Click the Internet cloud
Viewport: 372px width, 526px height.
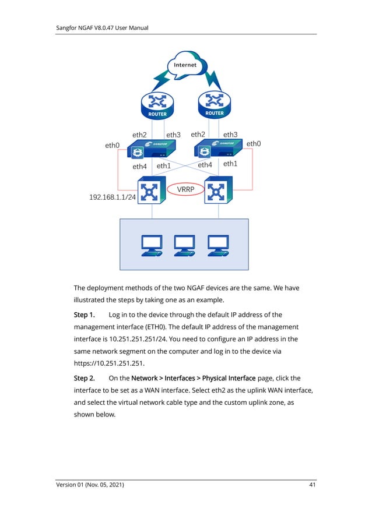point(185,65)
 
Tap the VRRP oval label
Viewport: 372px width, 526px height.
point(185,189)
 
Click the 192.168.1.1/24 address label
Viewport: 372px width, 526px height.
point(112,197)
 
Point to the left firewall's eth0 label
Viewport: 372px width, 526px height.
point(112,146)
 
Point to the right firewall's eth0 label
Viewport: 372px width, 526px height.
point(254,143)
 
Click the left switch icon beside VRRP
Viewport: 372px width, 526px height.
point(152,190)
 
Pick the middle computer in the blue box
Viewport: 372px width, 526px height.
point(185,245)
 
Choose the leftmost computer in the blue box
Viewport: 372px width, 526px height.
point(152,245)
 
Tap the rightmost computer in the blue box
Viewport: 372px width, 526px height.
point(218,245)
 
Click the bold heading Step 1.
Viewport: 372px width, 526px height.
point(84,315)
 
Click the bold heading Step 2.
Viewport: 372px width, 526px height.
point(84,378)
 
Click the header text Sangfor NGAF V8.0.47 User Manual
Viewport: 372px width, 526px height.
point(102,27)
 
